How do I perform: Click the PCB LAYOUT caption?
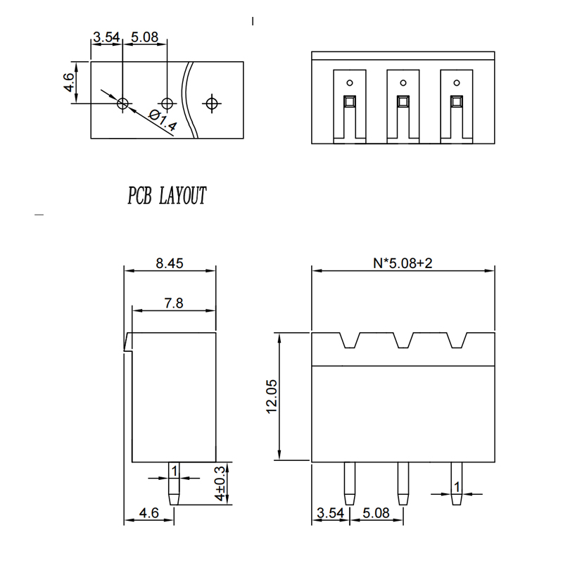[x=167, y=196]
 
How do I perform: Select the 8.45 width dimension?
[x=170, y=264]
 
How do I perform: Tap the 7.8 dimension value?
[x=174, y=303]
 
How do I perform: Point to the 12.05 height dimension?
[x=272, y=398]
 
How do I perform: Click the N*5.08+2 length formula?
[x=403, y=264]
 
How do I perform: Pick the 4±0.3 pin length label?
[x=221, y=483]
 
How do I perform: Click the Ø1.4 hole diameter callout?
[x=163, y=122]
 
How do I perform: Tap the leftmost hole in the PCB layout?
[x=123, y=103]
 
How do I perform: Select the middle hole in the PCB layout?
[x=167, y=103]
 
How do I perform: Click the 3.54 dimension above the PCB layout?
[x=106, y=37]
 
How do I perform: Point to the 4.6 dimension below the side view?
[x=148, y=514]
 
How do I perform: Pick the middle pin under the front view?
[x=403, y=483]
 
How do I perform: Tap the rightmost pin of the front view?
[x=456, y=483]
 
